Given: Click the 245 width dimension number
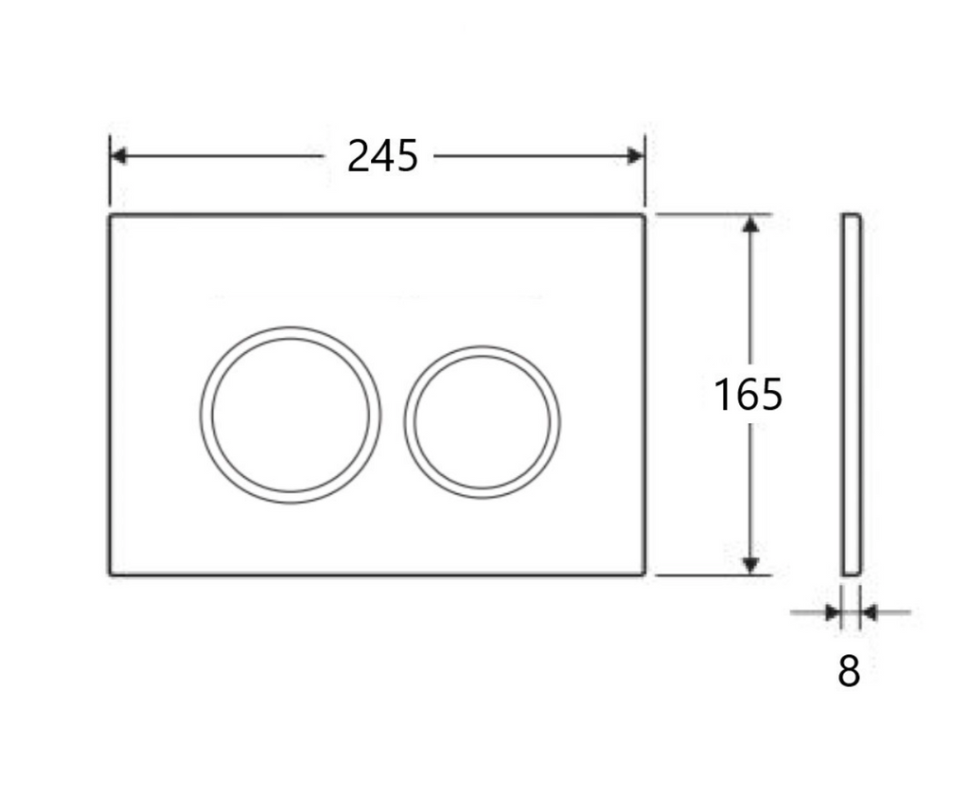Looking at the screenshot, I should click(x=382, y=156).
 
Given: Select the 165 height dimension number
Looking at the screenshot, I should click(x=748, y=395).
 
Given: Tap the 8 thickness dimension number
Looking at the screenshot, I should click(x=849, y=671).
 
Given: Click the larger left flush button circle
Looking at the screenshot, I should click(x=291, y=415).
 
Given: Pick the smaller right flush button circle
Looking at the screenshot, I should click(x=482, y=420).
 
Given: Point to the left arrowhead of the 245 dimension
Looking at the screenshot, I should click(x=118, y=156).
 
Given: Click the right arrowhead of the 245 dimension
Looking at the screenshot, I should click(x=636, y=156).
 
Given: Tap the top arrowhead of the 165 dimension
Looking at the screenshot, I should click(x=750, y=224).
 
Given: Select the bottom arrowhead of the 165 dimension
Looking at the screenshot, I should click(x=750, y=565).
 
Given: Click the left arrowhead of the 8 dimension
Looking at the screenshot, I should click(x=833, y=613).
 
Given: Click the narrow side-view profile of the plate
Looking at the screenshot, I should click(x=852, y=395).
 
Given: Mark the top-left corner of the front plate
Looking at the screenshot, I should click(x=111, y=216).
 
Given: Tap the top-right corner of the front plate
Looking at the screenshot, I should click(x=644, y=216).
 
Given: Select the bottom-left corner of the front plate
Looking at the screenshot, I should click(x=111, y=574).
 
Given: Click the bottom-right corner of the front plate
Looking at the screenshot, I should click(x=644, y=574).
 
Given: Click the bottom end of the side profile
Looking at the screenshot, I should click(x=852, y=573).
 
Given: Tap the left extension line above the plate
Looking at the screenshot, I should click(x=110, y=170).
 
